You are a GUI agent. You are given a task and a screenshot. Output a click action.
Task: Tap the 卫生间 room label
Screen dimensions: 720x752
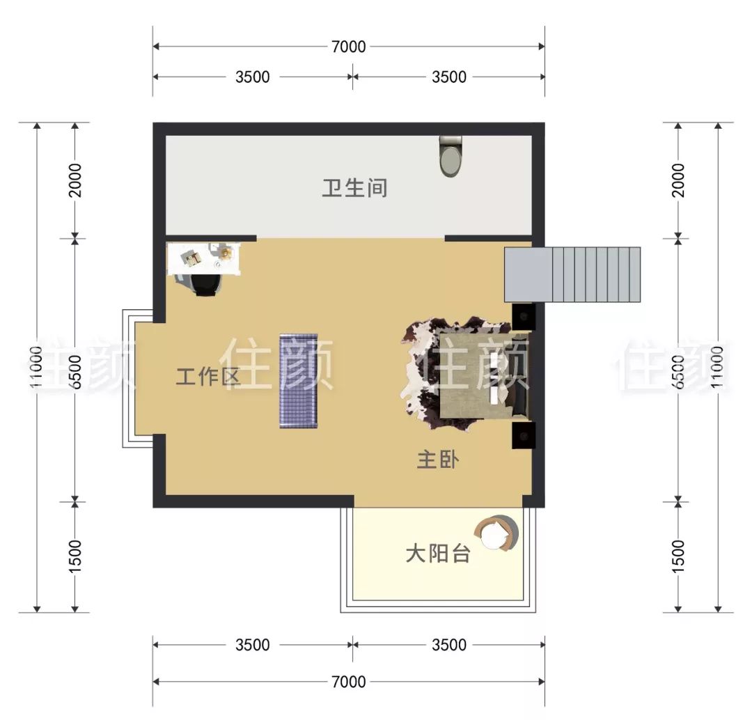(354, 188)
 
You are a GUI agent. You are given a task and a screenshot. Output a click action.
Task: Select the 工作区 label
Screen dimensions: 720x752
(207, 377)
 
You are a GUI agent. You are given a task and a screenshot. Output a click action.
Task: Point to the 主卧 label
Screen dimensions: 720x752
(437, 460)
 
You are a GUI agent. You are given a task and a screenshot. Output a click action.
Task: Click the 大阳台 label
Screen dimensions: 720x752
(437, 554)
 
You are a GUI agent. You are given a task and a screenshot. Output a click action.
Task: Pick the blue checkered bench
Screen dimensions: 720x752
(298, 381)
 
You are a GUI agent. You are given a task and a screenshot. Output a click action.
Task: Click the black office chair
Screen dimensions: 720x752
(205, 285)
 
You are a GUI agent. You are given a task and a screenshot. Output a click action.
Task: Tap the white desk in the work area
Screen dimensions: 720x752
(205, 258)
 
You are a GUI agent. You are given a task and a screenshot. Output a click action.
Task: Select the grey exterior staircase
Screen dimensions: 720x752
(572, 274)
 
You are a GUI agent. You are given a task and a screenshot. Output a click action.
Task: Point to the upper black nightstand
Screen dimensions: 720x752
(522, 317)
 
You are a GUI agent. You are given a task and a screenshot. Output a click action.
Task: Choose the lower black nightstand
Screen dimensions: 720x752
(522, 435)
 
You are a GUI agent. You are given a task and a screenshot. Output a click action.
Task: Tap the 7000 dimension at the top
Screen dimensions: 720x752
(349, 47)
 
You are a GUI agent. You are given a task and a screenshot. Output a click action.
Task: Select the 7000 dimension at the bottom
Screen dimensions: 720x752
(349, 682)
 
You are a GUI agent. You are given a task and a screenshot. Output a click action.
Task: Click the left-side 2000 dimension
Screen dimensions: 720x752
(75, 180)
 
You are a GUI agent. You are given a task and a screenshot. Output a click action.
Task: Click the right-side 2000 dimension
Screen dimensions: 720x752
(679, 180)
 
